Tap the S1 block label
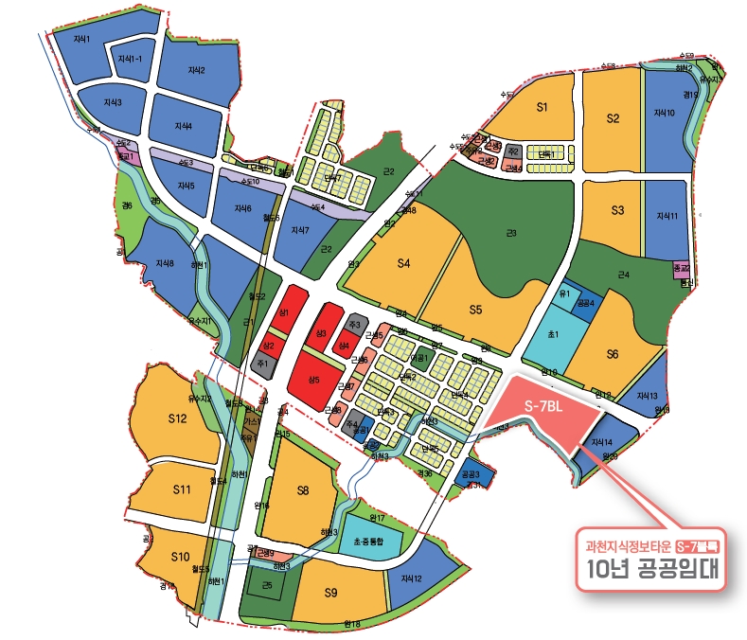pyautogui.click(x=542, y=107)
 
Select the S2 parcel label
pyautogui.click(x=613, y=118)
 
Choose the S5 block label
pyautogui.click(x=475, y=309)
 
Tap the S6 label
pyautogui.click(x=613, y=354)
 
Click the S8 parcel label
pyautogui.click(x=303, y=489)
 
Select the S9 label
pyautogui.click(x=330, y=593)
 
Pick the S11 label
pyautogui.click(x=183, y=489)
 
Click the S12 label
pyautogui.click(x=177, y=418)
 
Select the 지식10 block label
pyautogui.click(x=665, y=113)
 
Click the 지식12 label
pyautogui.click(x=412, y=578)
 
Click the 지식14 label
pyautogui.click(x=602, y=442)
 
